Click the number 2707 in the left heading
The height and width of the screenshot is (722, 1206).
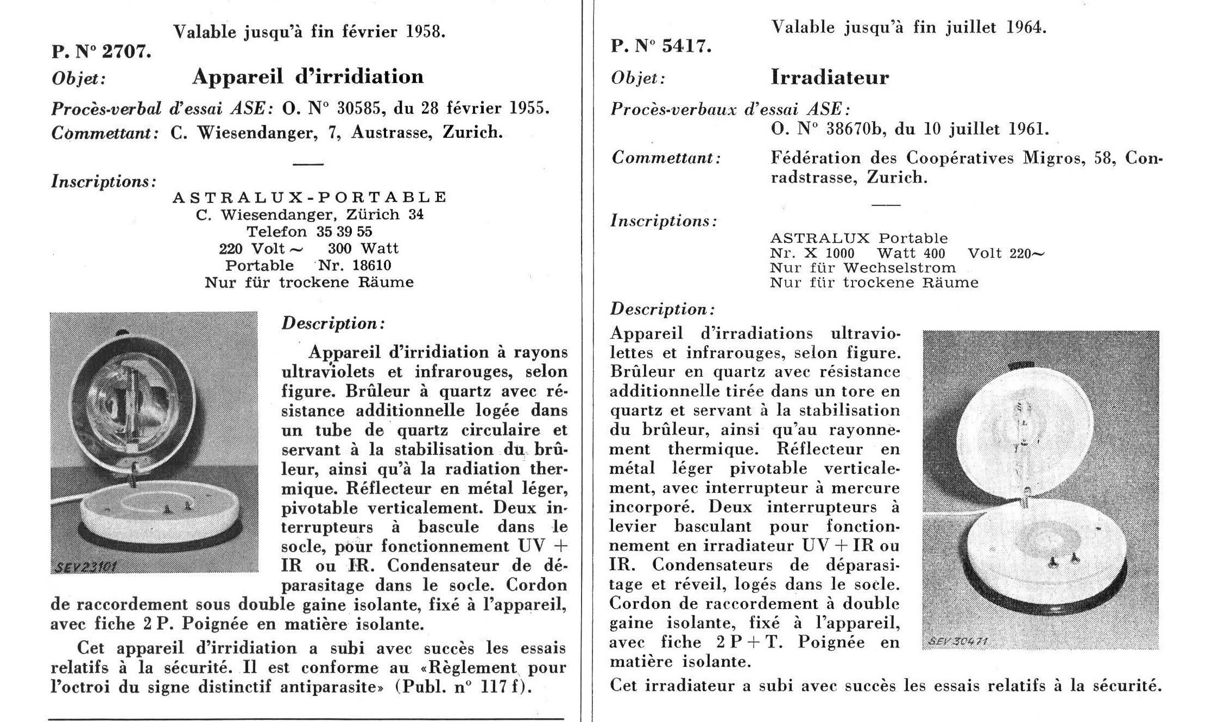[125, 52]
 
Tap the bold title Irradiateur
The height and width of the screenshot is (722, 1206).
[830, 78]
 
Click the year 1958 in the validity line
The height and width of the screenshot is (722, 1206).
[426, 32]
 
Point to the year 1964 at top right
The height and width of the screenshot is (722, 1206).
[1026, 28]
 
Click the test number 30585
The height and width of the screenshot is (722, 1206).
[360, 109]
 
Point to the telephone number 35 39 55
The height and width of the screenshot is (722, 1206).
[344, 232]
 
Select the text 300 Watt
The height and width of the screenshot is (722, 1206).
[363, 249]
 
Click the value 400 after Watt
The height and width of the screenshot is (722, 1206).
[933, 254]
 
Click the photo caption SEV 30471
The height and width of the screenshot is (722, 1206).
[957, 641]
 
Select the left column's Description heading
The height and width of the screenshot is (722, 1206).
[333, 324]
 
